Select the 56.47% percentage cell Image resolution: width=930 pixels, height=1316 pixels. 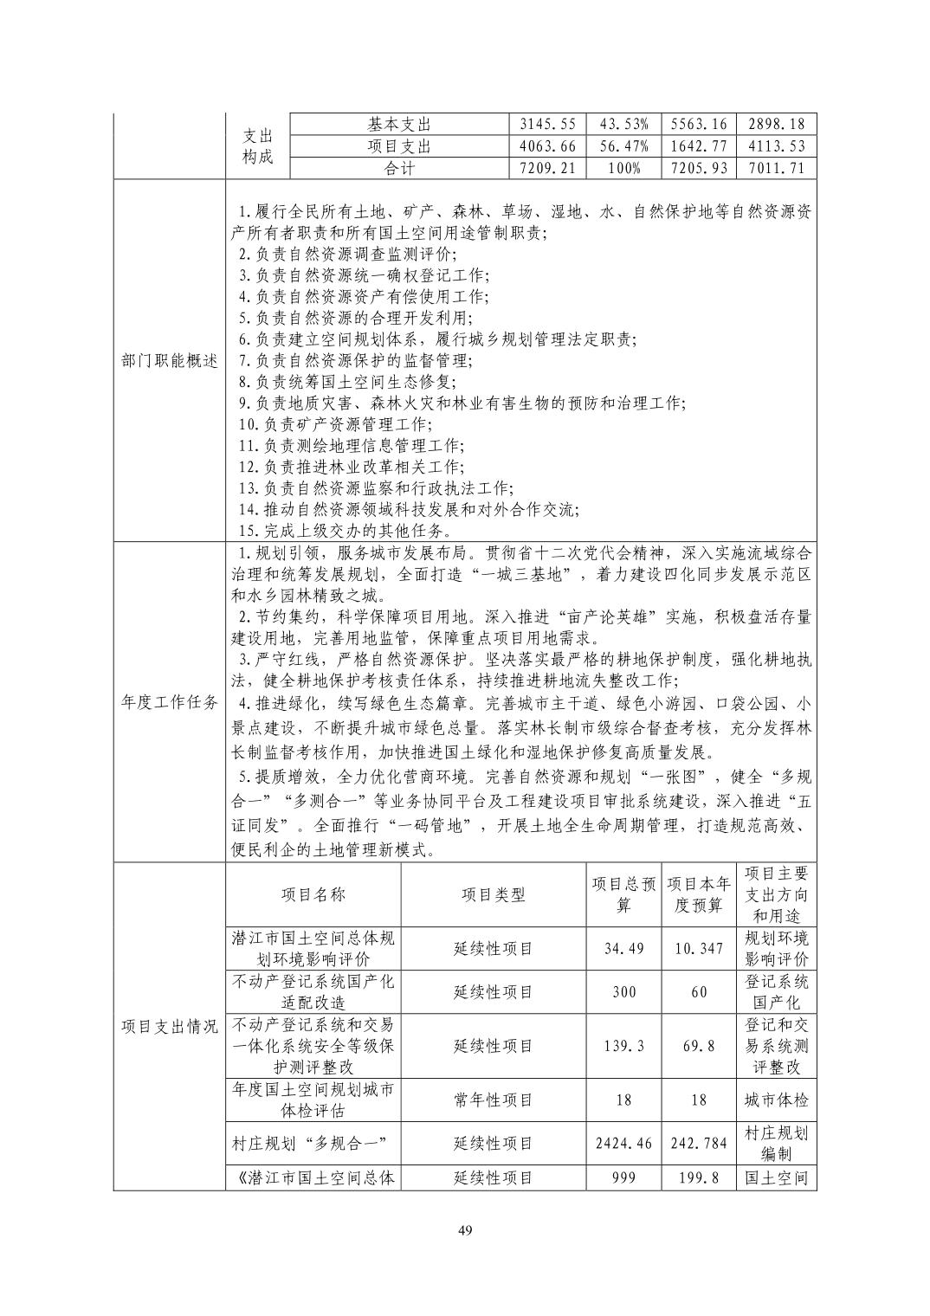coord(623,146)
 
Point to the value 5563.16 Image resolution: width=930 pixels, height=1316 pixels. coord(699,125)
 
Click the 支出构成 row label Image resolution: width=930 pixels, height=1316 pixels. coord(256,146)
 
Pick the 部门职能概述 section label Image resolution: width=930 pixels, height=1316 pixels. coord(169,361)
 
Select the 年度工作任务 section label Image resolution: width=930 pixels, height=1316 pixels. coord(169,702)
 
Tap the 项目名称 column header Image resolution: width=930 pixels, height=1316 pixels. coord(313,894)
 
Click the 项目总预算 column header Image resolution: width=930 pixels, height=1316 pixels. coord(623,894)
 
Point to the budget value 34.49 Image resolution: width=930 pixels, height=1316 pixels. coord(623,948)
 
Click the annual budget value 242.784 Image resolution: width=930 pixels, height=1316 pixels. coord(699,1143)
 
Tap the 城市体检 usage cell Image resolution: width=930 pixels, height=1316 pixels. coord(777,1100)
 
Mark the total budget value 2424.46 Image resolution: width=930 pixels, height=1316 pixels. coord(623,1143)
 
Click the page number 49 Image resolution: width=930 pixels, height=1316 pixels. coord(465,1230)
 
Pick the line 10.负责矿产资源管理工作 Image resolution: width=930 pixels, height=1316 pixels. coord(334,424)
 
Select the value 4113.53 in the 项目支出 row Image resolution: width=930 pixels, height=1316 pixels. coord(777,146)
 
